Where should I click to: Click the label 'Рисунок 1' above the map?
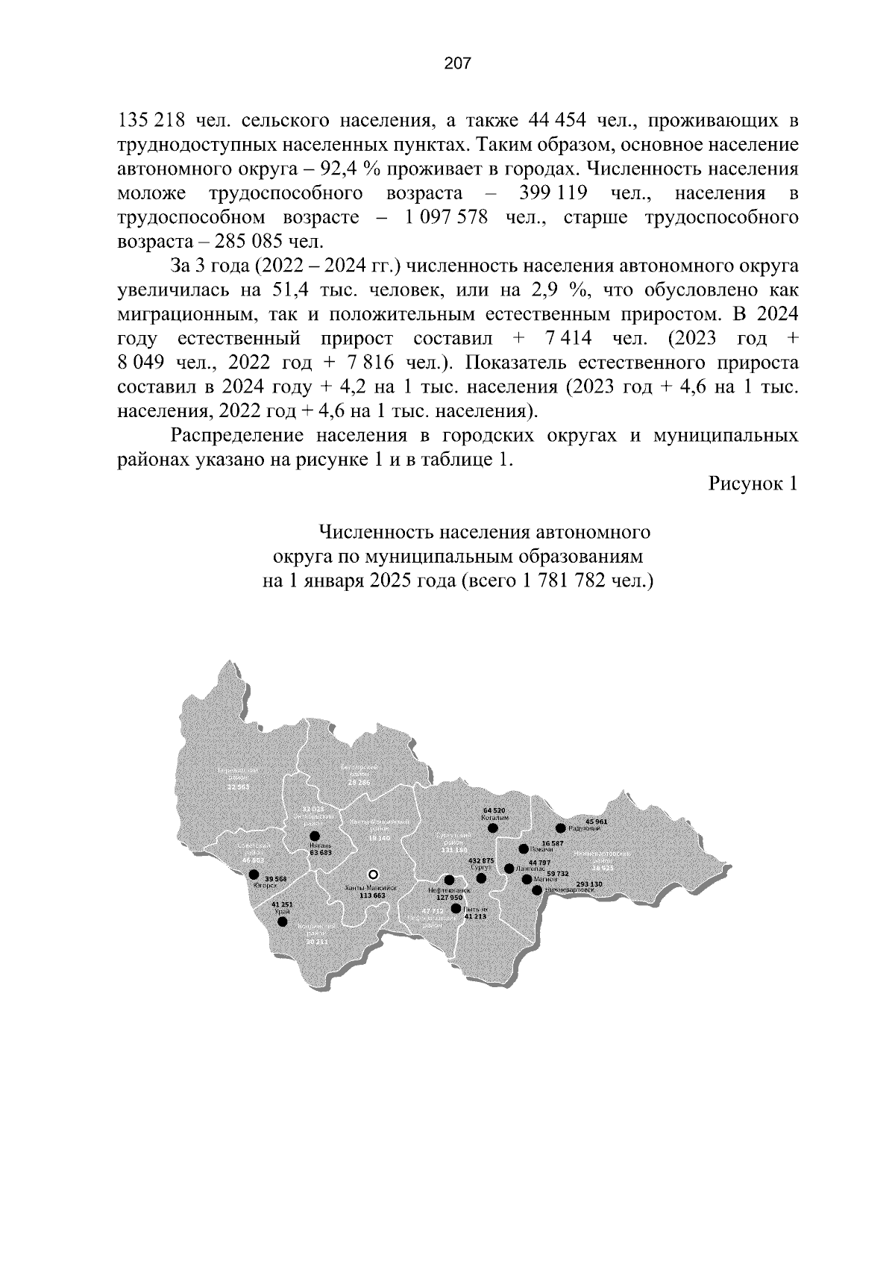[753, 484]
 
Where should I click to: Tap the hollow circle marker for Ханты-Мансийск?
[374, 874]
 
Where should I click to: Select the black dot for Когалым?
[493, 827]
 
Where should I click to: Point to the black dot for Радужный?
[560, 828]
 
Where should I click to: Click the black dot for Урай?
[282, 922]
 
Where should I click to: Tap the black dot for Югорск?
[254, 874]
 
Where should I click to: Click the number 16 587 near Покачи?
[553, 842]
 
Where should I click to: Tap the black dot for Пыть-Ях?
[456, 908]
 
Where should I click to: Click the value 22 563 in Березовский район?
[239, 787]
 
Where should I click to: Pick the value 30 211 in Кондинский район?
[316, 942]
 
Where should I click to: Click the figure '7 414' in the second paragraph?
[568, 339]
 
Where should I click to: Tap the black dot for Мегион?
[527, 879]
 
